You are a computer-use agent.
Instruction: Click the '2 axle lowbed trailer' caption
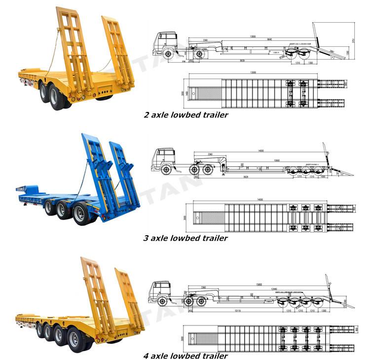pyautogui.click(x=185, y=115)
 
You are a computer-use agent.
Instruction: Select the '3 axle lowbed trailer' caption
pyautogui.click(x=185, y=238)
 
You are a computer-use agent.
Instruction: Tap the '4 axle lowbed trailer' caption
pyautogui.click(x=185, y=356)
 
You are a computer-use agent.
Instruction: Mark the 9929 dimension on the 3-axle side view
pyautogui.click(x=246, y=176)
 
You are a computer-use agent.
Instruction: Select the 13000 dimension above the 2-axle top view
pyautogui.click(x=253, y=72)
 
